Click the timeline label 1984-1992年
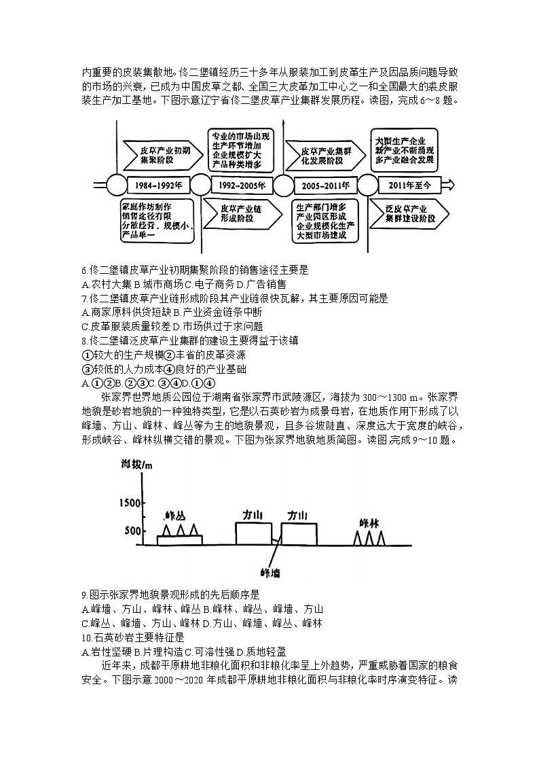pyautogui.click(x=158, y=185)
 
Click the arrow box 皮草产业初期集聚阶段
pyautogui.click(x=161, y=155)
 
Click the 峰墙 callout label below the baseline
pyautogui.click(x=271, y=572)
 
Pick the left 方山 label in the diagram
pyautogui.click(x=253, y=515)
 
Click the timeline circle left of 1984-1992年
pyautogui.click(x=117, y=185)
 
